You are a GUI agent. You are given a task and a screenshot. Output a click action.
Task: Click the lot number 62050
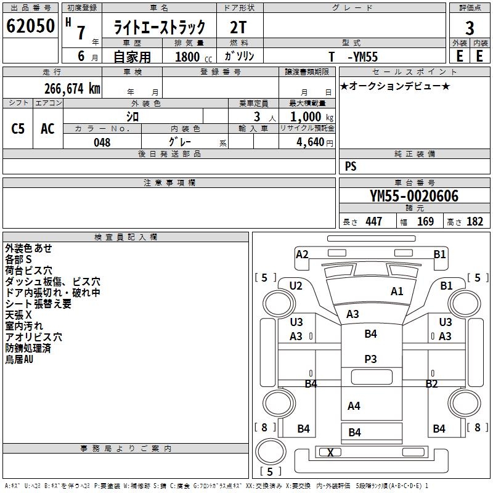(x=30, y=27)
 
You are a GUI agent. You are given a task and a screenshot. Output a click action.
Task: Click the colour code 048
(x=102, y=142)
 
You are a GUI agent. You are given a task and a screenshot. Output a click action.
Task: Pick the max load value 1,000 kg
(x=312, y=116)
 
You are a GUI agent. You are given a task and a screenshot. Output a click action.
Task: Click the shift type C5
(x=18, y=129)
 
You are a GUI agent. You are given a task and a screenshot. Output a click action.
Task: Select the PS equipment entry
(x=351, y=166)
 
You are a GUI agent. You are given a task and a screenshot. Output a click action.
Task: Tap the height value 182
(x=475, y=222)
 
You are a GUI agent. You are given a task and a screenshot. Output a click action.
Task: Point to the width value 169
(x=425, y=222)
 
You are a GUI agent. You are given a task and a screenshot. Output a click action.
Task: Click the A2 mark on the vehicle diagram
(x=302, y=254)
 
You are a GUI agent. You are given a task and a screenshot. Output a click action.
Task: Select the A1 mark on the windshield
(x=397, y=291)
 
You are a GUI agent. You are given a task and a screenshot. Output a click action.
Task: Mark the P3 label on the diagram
(x=370, y=358)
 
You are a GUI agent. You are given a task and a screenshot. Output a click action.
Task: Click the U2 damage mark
(x=296, y=285)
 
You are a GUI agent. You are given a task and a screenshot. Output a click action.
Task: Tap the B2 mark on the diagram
(x=431, y=384)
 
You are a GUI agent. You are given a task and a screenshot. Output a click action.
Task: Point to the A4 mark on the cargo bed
(x=354, y=406)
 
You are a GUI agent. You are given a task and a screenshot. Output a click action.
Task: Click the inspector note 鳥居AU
(x=19, y=359)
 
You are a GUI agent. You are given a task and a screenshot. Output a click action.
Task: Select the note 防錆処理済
(x=28, y=348)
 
